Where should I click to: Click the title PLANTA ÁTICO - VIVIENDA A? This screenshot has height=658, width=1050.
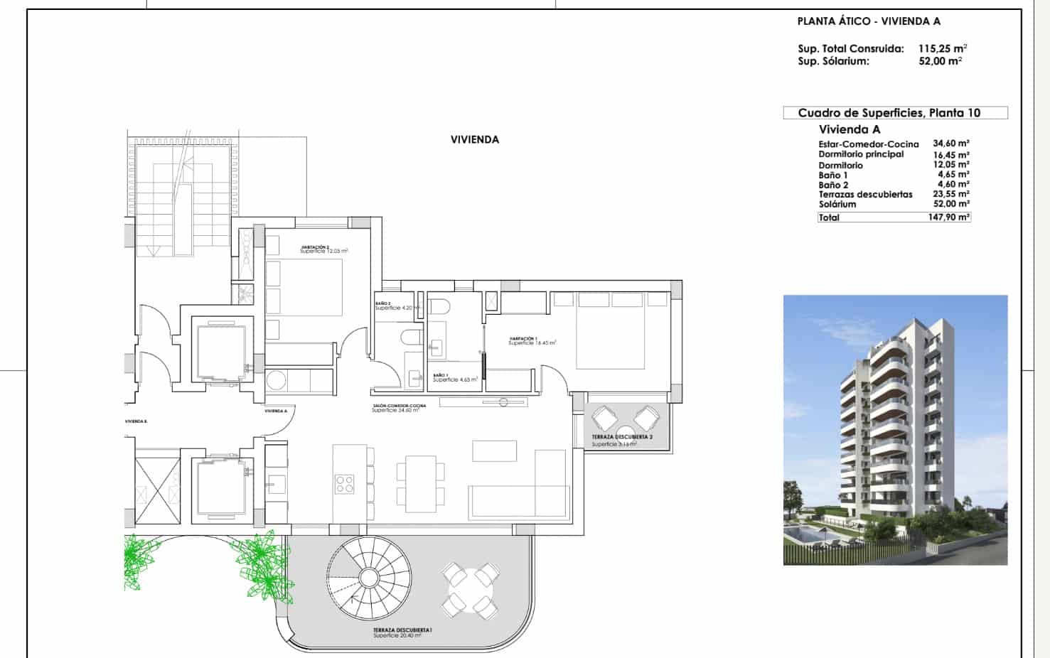click(869, 21)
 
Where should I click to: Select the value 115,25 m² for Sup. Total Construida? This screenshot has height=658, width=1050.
click(942, 49)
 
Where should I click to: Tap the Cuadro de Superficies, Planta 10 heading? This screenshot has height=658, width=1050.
click(889, 113)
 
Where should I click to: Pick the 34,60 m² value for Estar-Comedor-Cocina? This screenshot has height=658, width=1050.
click(951, 144)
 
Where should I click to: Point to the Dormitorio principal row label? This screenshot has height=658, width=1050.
click(861, 154)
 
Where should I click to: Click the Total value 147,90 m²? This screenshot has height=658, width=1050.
click(948, 217)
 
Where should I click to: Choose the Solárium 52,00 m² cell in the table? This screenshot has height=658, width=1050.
click(951, 204)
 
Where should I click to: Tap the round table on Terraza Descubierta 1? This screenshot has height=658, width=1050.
click(470, 589)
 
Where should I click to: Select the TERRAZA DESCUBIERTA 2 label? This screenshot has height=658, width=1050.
click(622, 437)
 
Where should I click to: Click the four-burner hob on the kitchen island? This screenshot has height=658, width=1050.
click(345, 484)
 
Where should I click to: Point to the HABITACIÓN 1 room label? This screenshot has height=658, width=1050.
click(523, 338)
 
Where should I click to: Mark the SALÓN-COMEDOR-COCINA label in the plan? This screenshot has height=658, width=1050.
click(399, 406)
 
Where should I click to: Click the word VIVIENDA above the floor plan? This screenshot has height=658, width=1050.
click(475, 140)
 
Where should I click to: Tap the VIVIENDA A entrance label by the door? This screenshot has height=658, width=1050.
click(276, 411)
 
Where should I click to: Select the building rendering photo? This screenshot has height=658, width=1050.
click(895, 430)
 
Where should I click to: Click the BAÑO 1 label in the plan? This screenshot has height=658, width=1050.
click(440, 375)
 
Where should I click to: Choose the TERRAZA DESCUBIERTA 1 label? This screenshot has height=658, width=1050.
click(403, 630)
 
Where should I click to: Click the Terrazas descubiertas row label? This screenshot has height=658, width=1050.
click(865, 194)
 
